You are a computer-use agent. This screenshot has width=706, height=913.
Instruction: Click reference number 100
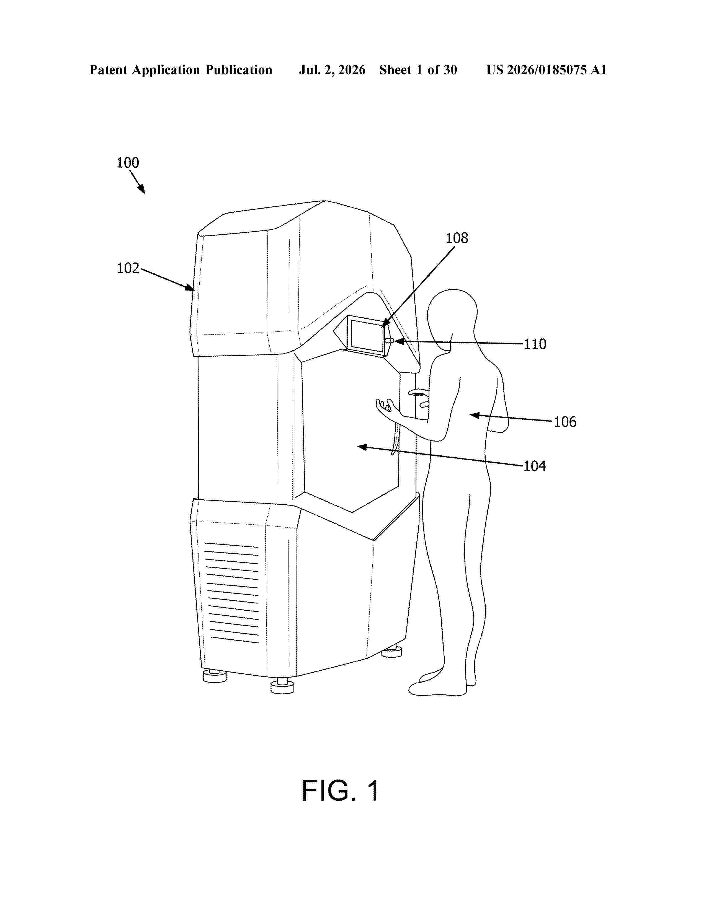128,163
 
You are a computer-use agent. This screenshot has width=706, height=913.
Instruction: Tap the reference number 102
128,268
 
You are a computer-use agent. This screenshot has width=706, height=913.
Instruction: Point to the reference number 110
535,344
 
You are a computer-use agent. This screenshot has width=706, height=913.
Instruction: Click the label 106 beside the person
565,422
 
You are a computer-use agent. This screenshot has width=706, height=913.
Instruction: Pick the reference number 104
535,466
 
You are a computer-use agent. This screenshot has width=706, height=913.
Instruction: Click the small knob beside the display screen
389,341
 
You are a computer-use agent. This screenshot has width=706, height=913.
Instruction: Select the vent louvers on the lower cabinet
231,593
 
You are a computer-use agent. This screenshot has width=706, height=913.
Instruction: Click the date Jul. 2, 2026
332,70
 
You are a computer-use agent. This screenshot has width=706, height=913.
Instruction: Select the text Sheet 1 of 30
418,70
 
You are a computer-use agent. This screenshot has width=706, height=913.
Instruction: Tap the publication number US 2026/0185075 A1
546,70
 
